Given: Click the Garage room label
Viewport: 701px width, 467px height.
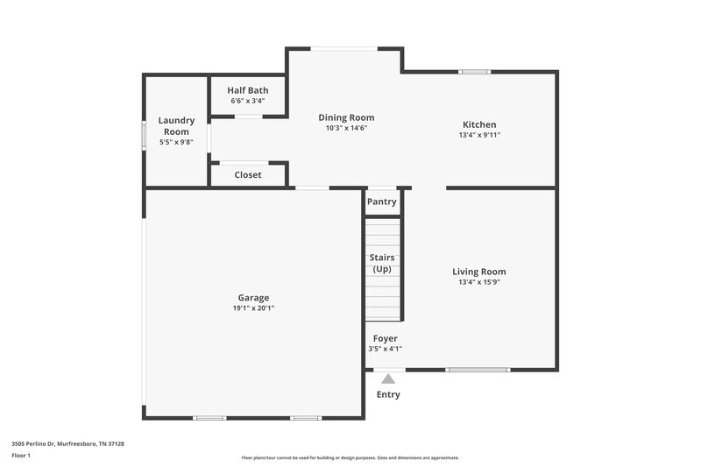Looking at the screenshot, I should point(253,298).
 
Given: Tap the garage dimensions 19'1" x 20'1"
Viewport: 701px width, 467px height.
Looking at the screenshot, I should point(253,308).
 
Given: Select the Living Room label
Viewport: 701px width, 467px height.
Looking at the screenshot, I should point(478,272).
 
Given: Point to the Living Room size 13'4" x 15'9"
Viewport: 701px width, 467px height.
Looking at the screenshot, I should point(478,282).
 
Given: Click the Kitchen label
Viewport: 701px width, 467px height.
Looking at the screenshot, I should point(479,124).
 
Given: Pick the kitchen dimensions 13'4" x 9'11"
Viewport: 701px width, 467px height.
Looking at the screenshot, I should point(479,135).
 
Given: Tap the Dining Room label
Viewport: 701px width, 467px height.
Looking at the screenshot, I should point(346,117).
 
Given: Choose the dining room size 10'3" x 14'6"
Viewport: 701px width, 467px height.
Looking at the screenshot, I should point(346,128).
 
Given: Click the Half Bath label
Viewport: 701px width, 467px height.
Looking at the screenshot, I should point(248,90).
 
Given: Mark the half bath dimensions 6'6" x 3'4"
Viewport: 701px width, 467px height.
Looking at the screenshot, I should point(248,101).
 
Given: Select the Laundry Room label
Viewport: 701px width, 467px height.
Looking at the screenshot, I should point(176,125).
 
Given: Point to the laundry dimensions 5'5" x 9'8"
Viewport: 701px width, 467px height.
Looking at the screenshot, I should point(176,142).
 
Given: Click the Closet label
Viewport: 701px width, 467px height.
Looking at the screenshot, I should point(248,175).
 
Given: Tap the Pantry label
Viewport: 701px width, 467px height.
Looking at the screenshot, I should point(382,202).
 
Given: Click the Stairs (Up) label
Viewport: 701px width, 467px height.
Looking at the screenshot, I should point(382,263).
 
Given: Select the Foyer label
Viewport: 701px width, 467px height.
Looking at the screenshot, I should point(386,338).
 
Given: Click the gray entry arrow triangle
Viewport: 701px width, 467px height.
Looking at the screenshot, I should point(388,379).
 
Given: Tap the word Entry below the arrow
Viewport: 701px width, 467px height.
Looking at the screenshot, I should point(388,394).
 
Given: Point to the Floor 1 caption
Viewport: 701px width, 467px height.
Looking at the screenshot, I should point(21,456).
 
